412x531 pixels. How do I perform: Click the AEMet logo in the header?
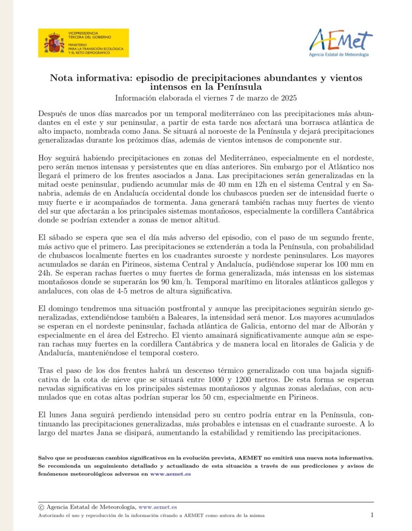click(x=341, y=41)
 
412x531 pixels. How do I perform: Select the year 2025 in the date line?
click(x=286, y=97)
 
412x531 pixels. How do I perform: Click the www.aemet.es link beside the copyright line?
click(x=158, y=507)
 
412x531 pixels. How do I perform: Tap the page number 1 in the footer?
click(x=372, y=515)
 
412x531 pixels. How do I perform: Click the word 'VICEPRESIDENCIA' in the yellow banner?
click(x=83, y=33)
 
